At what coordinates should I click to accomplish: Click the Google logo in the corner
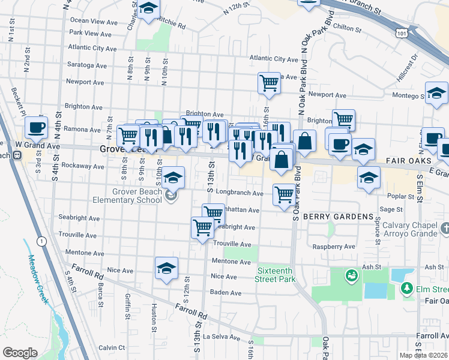(20, 353)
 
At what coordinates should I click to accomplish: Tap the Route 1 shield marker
(41, 241)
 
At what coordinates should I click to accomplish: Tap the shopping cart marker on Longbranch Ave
(283, 193)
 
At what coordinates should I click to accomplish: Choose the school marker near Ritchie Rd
(149, 10)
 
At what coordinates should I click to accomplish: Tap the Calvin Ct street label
(112, 347)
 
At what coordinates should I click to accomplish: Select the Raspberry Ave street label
(334, 247)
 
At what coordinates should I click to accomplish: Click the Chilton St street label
(346, 27)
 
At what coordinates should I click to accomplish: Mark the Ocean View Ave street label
(94, 22)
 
